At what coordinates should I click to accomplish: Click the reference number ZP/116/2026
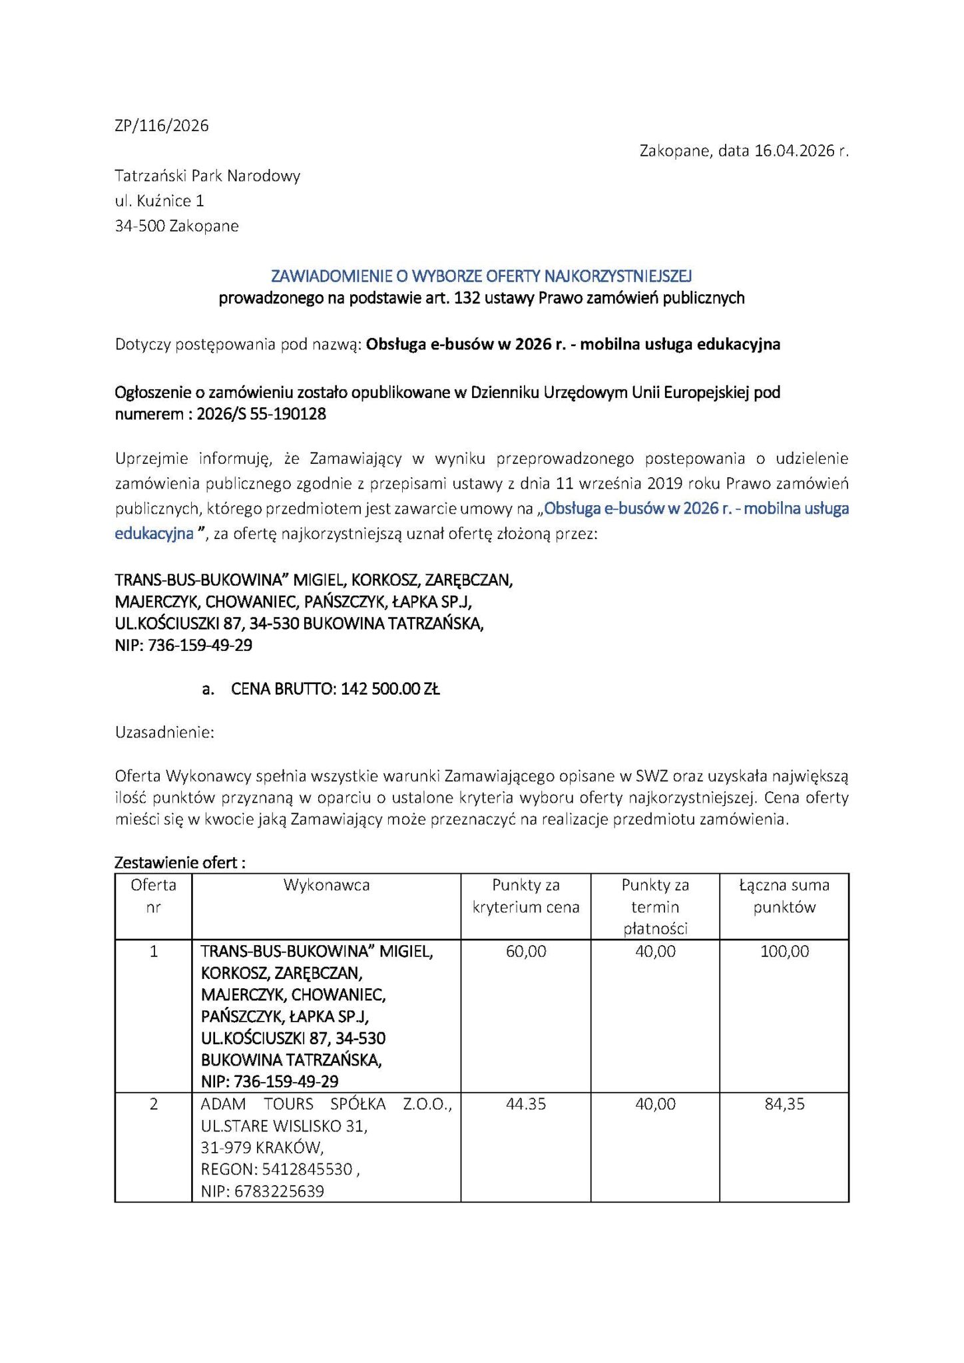(162, 126)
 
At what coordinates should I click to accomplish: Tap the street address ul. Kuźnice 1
(160, 201)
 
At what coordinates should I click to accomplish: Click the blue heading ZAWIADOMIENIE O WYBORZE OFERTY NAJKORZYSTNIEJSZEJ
(481, 276)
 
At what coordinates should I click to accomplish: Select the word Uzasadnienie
(164, 733)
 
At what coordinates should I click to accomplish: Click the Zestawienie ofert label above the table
(180, 863)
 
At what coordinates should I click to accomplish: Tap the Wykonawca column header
(326, 885)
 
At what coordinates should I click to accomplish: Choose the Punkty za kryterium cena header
(525, 896)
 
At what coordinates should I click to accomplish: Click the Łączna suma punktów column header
(784, 896)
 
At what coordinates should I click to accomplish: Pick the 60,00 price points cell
(525, 952)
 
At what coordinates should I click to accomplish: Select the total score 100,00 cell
(784, 952)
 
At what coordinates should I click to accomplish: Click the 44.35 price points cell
(525, 1104)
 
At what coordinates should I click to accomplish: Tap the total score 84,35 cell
(784, 1104)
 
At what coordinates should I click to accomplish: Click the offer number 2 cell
(154, 1104)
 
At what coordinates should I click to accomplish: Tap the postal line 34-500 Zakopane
(176, 226)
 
